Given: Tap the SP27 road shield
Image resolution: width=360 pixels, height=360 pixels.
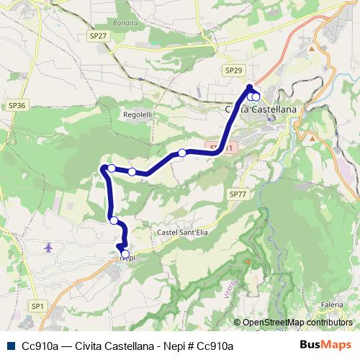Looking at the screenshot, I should [x=99, y=35].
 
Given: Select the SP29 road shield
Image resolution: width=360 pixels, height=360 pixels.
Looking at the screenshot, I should [x=233, y=70].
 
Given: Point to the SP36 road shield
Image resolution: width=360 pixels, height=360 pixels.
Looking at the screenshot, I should [x=17, y=105].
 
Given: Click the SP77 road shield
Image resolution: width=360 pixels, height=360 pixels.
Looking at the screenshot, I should [x=237, y=194].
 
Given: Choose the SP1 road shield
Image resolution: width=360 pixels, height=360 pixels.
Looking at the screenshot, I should [x=37, y=306].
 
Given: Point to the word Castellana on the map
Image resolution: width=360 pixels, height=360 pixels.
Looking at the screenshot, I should [x=276, y=109].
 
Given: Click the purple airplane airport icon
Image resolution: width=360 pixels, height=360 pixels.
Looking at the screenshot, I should [x=48, y=248].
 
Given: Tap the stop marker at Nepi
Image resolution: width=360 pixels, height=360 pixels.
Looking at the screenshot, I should [x=125, y=254].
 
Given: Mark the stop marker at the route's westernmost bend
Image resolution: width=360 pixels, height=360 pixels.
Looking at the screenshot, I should [x=112, y=168].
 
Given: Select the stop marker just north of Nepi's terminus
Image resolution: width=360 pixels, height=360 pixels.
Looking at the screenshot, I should [x=114, y=220].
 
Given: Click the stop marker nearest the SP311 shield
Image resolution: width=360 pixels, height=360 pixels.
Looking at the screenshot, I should [x=182, y=153].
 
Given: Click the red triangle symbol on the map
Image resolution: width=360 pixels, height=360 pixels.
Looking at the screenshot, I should [x=248, y=261].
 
